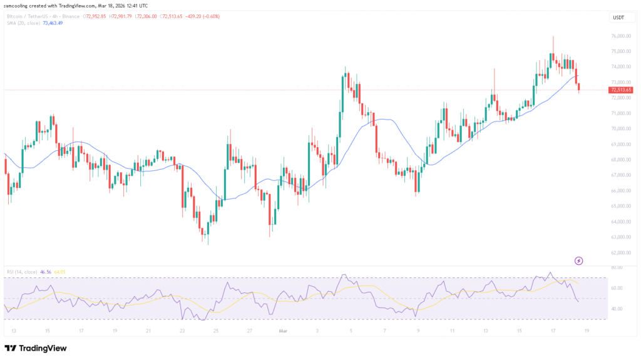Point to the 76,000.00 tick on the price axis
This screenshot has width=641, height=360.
click(x=620, y=36)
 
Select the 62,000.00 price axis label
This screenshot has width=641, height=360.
click(x=620, y=252)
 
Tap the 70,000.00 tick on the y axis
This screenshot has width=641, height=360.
click(x=620, y=128)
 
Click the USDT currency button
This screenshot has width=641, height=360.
click(x=618, y=18)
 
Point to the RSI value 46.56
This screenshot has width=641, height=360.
click(x=44, y=272)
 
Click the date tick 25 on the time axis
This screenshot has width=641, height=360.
click(x=216, y=330)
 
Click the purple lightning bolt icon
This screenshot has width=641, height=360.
click(x=579, y=260)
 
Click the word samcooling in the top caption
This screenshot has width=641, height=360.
click(x=19, y=6)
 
